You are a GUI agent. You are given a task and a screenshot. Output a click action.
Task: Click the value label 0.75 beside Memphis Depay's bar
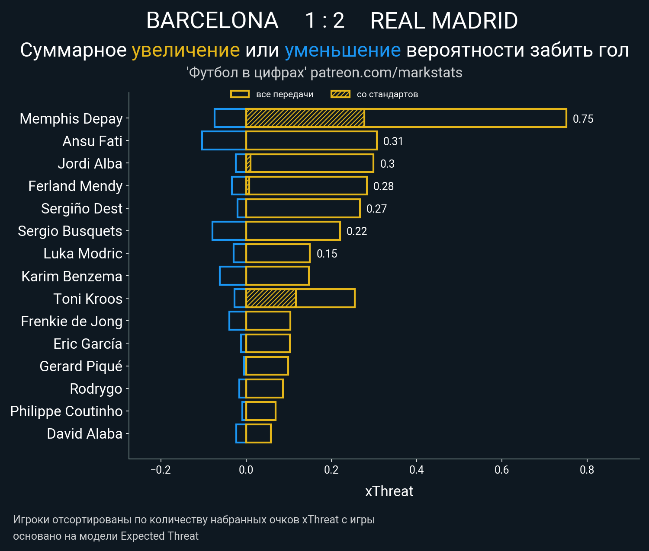pos(583,119)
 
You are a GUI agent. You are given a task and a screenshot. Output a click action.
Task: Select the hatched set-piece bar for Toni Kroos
pos(271,298)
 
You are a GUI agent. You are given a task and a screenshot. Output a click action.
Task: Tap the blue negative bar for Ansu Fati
pos(224,141)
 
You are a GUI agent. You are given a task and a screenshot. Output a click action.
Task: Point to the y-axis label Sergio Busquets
pos(70,231)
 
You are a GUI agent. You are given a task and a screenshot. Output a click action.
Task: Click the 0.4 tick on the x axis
pos(416,470)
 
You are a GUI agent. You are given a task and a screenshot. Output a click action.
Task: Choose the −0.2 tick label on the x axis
pos(161,470)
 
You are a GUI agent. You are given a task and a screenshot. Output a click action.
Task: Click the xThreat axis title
pos(389,491)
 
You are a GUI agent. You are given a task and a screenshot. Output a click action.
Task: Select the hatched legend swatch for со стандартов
pos(340,94)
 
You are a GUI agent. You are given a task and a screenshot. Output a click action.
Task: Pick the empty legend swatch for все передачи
pos(240,94)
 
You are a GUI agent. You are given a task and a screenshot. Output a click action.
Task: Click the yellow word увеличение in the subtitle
pos(186,51)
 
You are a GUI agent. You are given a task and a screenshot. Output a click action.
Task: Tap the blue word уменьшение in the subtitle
pos(343,51)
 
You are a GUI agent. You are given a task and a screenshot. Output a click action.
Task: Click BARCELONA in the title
pos(212,21)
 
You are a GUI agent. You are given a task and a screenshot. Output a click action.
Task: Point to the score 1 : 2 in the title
pos(324,21)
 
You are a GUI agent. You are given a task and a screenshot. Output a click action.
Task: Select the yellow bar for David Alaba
pos(258,433)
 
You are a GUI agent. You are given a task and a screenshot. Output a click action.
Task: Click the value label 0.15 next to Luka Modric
pos(327,254)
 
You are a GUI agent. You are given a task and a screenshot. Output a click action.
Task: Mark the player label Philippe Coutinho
pos(66,411)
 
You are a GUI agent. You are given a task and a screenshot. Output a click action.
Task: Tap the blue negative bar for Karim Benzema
pos(233,276)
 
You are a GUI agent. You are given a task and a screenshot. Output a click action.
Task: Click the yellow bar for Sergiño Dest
pos(303,208)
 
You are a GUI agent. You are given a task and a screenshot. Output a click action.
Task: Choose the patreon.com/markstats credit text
pos(386,73)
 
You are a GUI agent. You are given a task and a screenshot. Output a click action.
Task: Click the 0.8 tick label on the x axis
pos(587,470)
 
